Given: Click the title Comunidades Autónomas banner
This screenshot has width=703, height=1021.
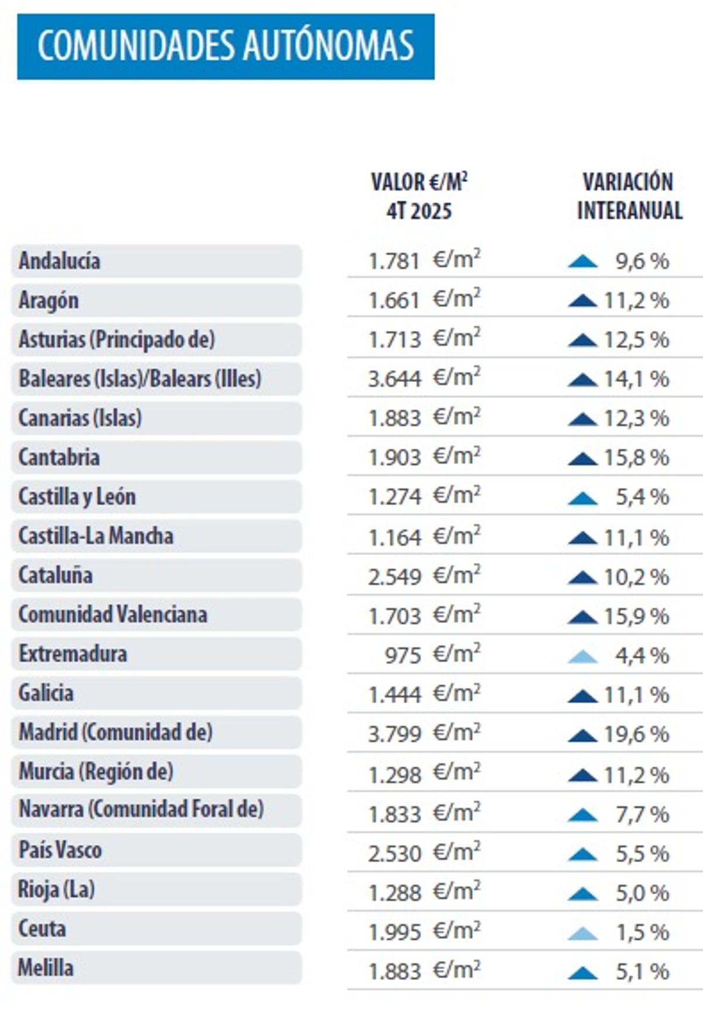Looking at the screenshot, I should click(x=226, y=46).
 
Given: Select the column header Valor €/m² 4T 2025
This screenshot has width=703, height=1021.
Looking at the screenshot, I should click(x=419, y=196).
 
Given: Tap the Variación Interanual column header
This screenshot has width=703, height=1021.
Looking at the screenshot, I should click(x=629, y=196).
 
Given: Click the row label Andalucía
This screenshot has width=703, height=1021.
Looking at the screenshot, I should click(x=59, y=261).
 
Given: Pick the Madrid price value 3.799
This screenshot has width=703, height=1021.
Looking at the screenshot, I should click(x=395, y=734).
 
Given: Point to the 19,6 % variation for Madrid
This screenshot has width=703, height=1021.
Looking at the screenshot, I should click(x=636, y=734).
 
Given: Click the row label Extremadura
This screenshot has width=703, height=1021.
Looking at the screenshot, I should click(x=73, y=654).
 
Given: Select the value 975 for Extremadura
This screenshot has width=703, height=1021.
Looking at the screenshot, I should click(x=403, y=655).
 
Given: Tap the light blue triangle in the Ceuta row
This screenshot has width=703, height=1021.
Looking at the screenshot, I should click(x=583, y=933).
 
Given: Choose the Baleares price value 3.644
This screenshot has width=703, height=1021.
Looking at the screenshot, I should click(x=395, y=379).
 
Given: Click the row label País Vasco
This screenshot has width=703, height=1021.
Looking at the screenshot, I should click(x=60, y=850).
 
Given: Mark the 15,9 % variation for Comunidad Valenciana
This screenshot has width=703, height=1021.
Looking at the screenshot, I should click(x=636, y=616).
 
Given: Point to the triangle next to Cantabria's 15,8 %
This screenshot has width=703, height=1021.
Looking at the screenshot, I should click(x=583, y=458).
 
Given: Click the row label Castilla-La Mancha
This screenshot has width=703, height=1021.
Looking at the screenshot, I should click(x=95, y=536).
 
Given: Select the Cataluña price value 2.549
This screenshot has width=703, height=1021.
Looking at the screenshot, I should click(x=395, y=577).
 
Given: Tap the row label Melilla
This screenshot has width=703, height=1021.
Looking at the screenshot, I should click(x=46, y=968).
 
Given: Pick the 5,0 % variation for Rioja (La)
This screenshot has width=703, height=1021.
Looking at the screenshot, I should click(x=642, y=893).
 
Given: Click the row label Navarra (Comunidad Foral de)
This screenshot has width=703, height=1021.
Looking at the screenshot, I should click(x=141, y=809).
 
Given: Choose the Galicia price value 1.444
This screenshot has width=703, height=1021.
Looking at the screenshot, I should click(x=395, y=695).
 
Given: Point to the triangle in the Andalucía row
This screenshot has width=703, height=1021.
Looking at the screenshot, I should click(x=583, y=261).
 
